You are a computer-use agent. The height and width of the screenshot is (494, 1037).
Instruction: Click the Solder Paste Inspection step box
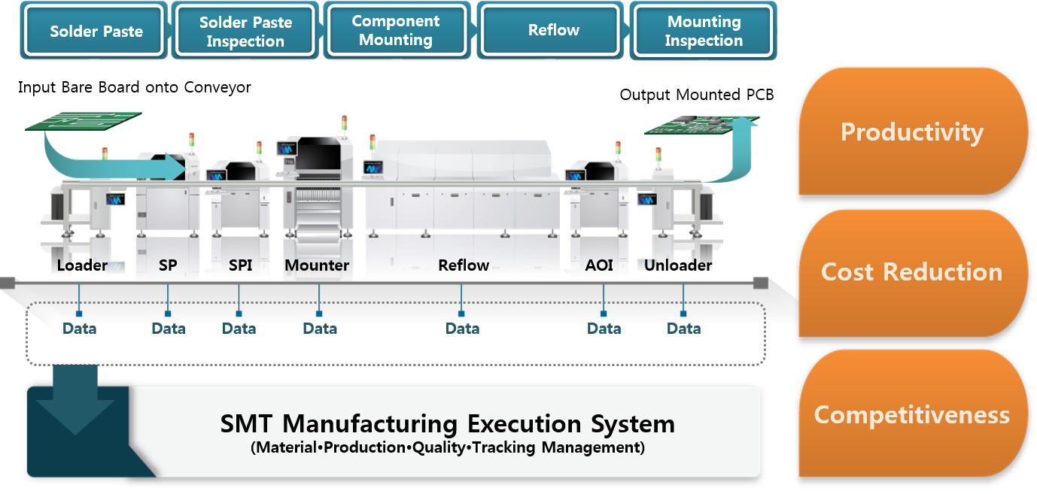(x=245, y=32)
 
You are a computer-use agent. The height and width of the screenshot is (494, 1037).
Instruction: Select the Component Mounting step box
(x=396, y=31)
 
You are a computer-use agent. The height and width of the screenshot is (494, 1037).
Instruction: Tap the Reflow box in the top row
(x=553, y=31)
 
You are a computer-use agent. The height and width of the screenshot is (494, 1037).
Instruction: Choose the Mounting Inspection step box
(x=704, y=32)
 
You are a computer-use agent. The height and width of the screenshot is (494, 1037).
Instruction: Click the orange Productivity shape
(x=911, y=132)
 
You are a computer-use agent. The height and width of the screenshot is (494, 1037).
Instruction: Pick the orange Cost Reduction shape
(x=911, y=271)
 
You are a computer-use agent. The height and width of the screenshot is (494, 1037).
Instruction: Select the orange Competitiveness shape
(x=911, y=414)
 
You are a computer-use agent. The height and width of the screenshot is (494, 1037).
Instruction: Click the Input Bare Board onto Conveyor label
(x=135, y=88)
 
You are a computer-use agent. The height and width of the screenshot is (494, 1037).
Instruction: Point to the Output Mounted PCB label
(x=697, y=95)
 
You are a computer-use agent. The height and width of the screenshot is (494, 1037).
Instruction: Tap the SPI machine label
(x=240, y=265)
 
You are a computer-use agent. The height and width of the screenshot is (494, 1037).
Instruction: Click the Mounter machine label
(x=317, y=265)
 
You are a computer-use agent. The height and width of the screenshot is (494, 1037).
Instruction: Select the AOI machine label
(x=599, y=265)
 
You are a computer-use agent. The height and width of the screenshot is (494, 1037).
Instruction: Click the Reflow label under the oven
(x=464, y=265)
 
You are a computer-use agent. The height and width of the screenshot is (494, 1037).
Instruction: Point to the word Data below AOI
(x=604, y=329)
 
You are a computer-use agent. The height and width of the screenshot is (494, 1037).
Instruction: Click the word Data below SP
(x=168, y=329)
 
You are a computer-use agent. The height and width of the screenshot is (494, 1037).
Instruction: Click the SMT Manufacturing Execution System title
(x=447, y=424)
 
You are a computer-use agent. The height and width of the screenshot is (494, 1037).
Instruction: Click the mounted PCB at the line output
(x=689, y=123)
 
